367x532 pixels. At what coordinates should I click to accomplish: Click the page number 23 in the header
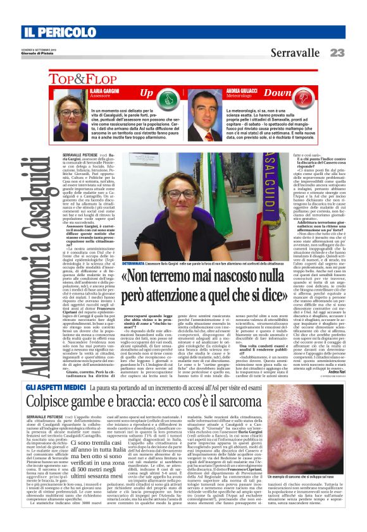338,52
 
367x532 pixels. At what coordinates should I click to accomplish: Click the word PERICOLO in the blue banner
62,32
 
